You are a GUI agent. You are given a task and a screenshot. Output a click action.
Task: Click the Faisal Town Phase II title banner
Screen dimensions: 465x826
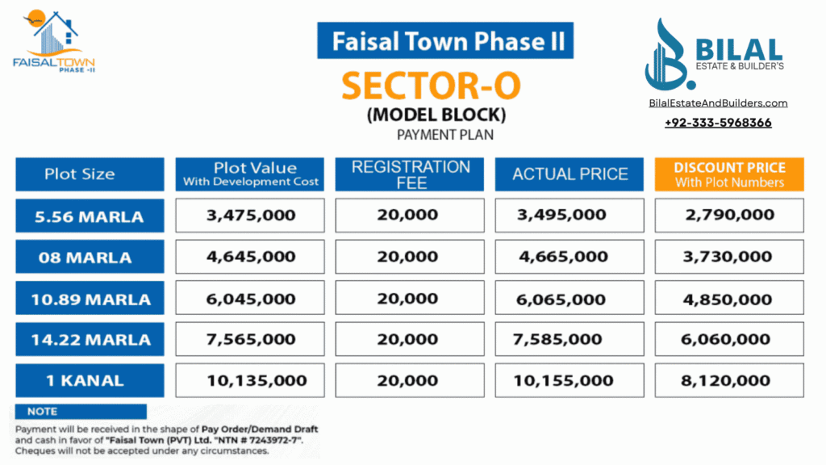(444, 41)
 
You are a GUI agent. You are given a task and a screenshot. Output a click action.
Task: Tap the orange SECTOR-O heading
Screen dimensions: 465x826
(431, 85)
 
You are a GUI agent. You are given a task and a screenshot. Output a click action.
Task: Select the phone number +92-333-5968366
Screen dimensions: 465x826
(718, 123)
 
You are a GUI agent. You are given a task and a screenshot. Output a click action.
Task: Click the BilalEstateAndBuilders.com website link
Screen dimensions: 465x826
(718, 103)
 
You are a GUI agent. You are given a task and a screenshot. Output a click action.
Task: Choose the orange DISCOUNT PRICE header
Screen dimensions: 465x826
(729, 174)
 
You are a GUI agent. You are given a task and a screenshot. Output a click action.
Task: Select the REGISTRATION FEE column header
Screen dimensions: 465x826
(410, 174)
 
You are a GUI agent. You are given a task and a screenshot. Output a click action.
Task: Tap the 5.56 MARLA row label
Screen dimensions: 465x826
(89, 216)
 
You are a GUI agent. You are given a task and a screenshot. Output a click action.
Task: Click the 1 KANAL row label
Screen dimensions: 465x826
(89, 380)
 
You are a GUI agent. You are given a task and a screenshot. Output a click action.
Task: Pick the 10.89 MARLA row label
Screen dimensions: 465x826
(89, 300)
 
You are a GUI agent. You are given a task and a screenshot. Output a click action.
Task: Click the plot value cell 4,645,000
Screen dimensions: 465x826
(250, 258)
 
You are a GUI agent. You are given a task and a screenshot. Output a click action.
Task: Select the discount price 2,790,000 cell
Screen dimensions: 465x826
(728, 216)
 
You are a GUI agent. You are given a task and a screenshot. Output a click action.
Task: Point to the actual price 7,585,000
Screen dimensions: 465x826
(569, 340)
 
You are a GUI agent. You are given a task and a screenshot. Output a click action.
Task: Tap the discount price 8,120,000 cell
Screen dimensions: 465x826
(728, 380)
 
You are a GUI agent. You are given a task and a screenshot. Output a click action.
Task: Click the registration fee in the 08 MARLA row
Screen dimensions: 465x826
(409, 258)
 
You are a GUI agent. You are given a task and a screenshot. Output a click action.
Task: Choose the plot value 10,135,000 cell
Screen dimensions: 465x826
(250, 380)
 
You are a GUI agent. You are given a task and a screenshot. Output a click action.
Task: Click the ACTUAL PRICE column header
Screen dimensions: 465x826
(569, 174)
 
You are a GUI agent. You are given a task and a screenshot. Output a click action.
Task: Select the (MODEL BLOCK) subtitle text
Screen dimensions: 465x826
(436, 115)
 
